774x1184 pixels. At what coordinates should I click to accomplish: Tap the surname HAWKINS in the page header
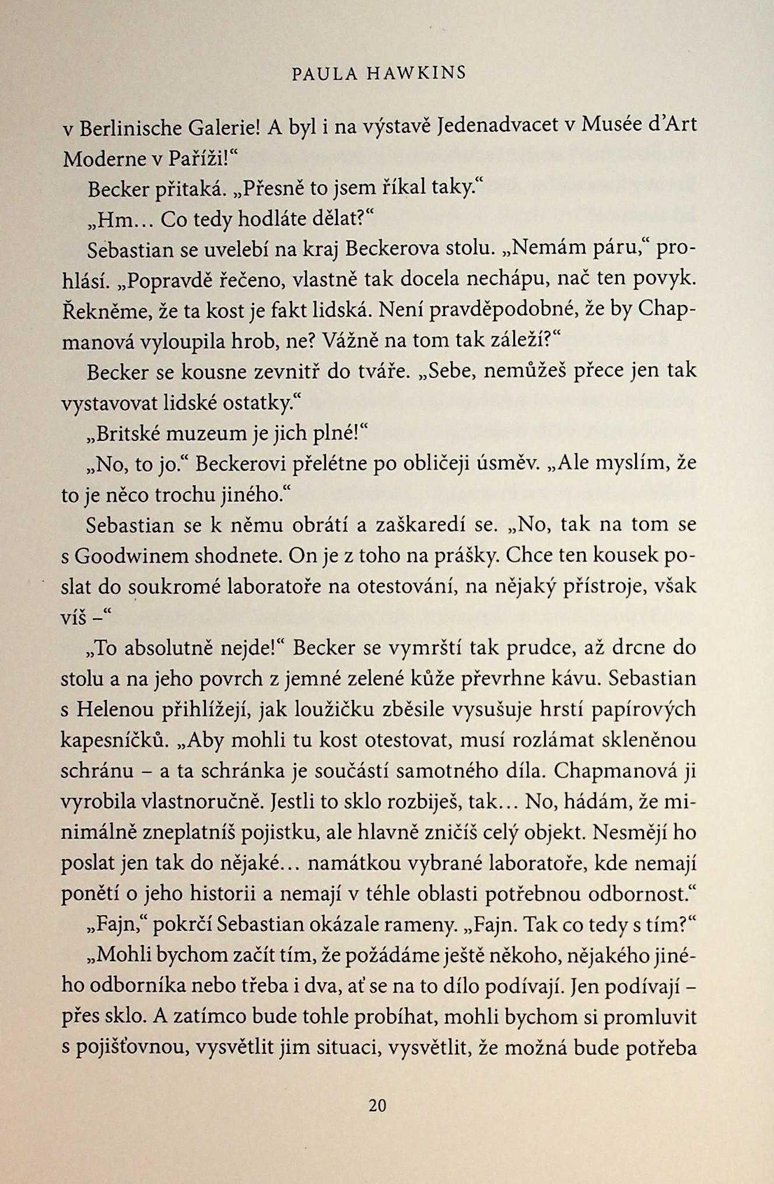pyautogui.click(x=416, y=73)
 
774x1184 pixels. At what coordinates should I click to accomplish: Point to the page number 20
pyautogui.click(x=377, y=1105)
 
